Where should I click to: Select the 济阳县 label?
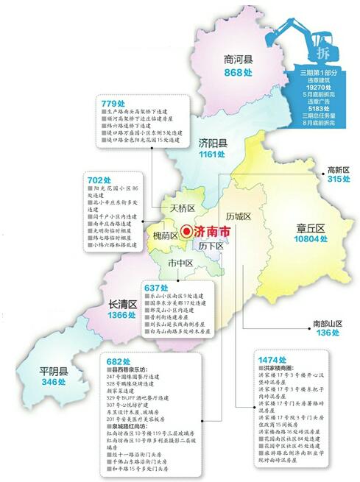(x=212, y=143)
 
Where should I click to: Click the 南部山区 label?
(x=328, y=322)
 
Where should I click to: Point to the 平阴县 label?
(x=49, y=370)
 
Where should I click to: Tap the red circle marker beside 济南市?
(x=188, y=230)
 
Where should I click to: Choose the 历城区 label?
(x=239, y=216)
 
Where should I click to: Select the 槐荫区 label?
(x=166, y=235)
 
